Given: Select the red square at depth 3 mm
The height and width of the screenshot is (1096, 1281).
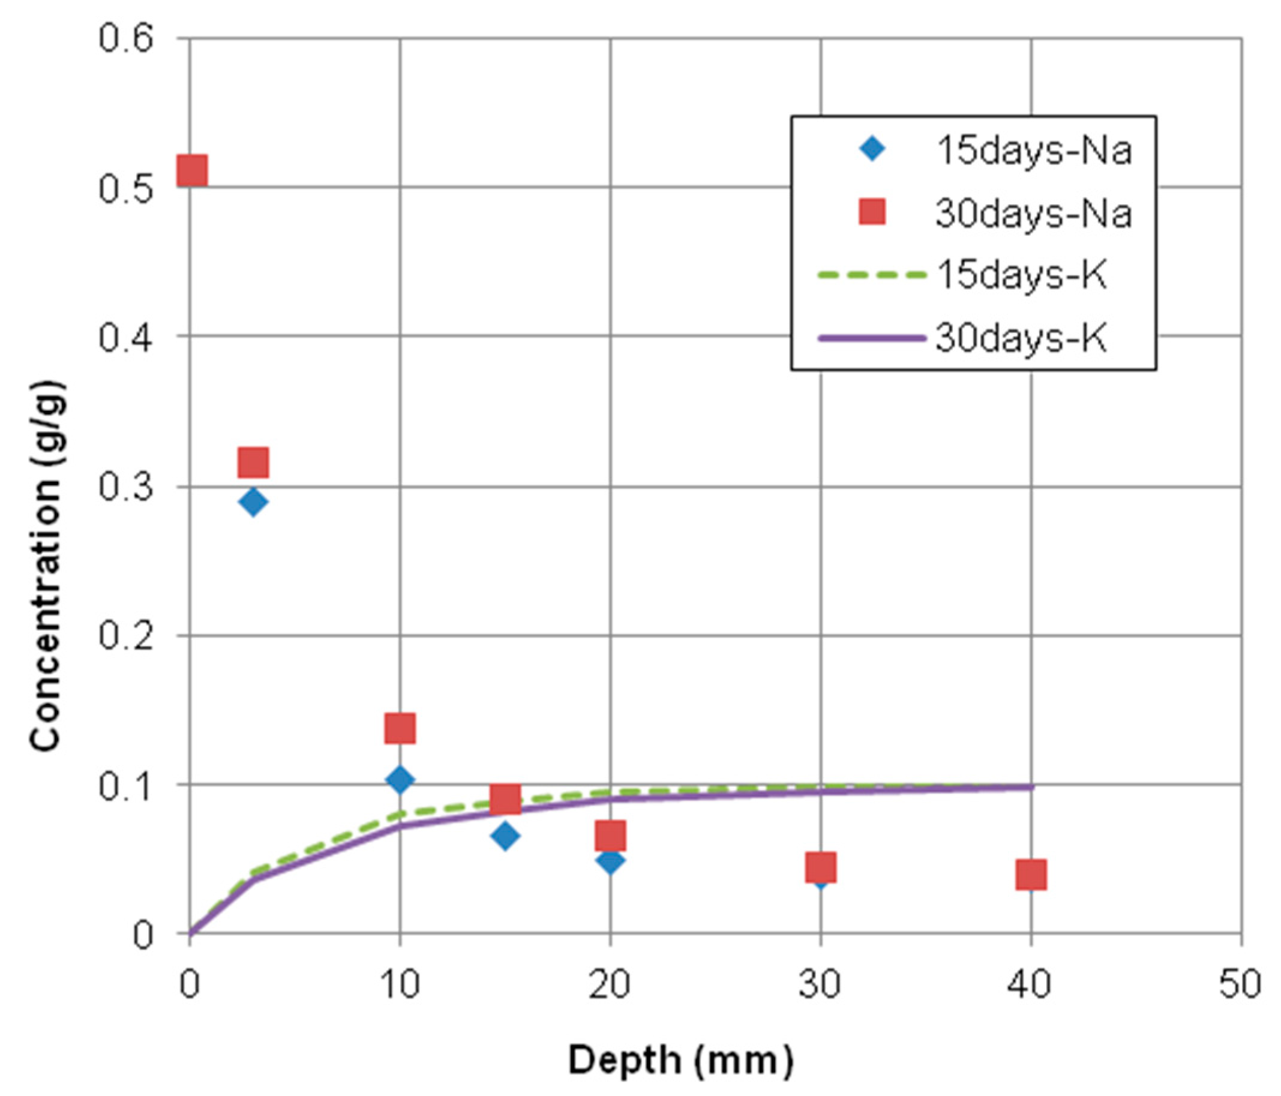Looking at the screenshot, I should pyautogui.click(x=253, y=462).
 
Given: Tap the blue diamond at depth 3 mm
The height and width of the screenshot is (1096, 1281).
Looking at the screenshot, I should pyautogui.click(x=252, y=502).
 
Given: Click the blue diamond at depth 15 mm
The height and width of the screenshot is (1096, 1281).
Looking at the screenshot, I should pyautogui.click(x=505, y=836).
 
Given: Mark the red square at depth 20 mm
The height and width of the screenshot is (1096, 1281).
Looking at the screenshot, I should pyautogui.click(x=610, y=836).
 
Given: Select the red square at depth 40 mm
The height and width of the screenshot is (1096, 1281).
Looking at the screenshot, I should pyautogui.click(x=1031, y=874).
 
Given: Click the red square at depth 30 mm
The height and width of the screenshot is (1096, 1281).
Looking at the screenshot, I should pyautogui.click(x=821, y=867).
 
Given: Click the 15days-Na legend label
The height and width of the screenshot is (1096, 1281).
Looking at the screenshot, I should pyautogui.click(x=1034, y=150).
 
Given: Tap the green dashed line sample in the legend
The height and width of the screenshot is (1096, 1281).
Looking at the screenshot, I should pyautogui.click(x=872, y=275).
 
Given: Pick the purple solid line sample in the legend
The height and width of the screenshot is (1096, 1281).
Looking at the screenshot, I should pyautogui.click(x=872, y=338).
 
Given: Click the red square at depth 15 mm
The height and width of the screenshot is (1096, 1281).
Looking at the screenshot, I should pyautogui.click(x=505, y=798).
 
